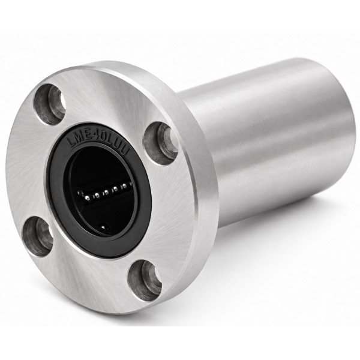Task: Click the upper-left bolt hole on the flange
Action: click(x=50, y=104)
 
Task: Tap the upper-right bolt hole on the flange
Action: click(x=161, y=143)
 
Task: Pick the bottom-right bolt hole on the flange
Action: click(x=145, y=280)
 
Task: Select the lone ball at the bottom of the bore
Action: click(x=104, y=227)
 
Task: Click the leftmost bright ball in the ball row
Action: click(x=87, y=197)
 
